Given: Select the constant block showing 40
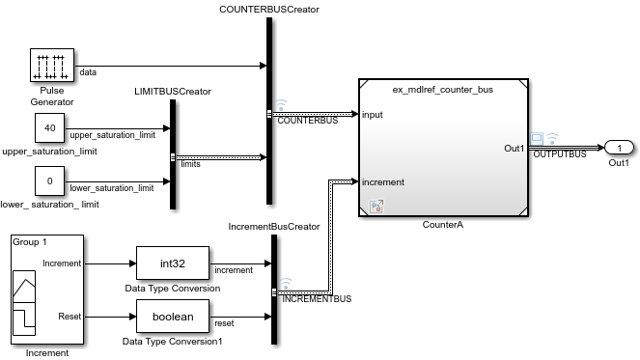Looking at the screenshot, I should pyautogui.click(x=49, y=126).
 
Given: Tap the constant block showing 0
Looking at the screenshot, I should pyautogui.click(x=49, y=180).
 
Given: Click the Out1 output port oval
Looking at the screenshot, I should pyautogui.click(x=619, y=148).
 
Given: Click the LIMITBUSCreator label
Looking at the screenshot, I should pyautogui.click(x=172, y=92).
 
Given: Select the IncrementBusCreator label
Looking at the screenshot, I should pyautogui.click(x=273, y=226).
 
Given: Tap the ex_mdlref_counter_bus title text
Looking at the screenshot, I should pyautogui.click(x=442, y=90).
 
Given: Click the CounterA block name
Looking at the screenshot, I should pyautogui.click(x=443, y=225).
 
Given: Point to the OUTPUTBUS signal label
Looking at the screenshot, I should pyautogui.click(x=560, y=154).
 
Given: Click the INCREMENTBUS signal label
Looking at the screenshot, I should pyautogui.click(x=317, y=299).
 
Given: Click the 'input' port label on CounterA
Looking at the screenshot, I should pyautogui.click(x=373, y=115).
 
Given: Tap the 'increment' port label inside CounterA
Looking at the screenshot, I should pyautogui.click(x=383, y=181).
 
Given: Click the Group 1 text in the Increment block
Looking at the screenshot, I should pyautogui.click(x=31, y=243).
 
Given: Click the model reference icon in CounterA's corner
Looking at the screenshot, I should pyautogui.click(x=376, y=206).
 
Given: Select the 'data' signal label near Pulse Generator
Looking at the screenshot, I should pyautogui.click(x=88, y=71).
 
